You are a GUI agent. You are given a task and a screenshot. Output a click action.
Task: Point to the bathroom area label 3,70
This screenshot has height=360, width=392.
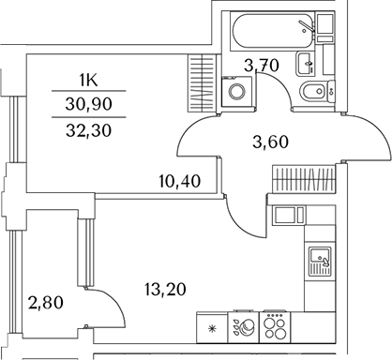coord(262,65)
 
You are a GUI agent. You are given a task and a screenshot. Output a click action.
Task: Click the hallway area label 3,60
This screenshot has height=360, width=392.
coord(270,143)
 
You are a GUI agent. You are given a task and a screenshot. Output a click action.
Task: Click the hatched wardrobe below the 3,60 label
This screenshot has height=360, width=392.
coord(302,178)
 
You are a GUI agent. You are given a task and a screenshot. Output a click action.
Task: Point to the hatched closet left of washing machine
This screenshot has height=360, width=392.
coord(203,84)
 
